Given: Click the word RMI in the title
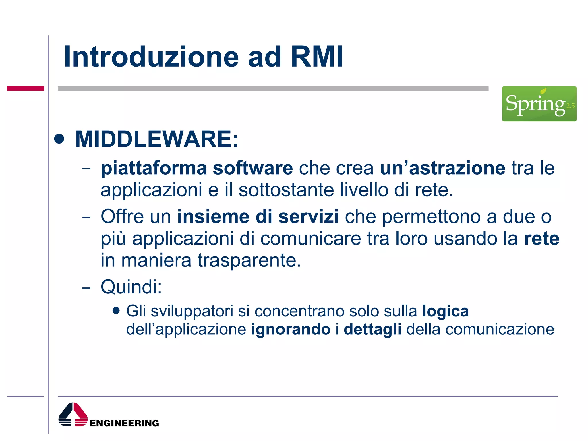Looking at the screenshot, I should click(317, 57).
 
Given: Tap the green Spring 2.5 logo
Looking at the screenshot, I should click(539, 104).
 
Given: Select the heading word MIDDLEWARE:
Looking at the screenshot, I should click(157, 139).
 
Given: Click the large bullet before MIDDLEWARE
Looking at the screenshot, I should click(59, 139).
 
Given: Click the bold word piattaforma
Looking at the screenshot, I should click(154, 168).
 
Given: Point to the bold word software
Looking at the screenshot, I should click(253, 168).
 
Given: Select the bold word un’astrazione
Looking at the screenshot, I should click(442, 168).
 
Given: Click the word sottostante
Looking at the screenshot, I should click(286, 190).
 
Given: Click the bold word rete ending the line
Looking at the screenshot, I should click(541, 239).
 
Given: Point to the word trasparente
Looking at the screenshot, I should click(249, 260).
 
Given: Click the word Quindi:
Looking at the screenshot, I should click(131, 287).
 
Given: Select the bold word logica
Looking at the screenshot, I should click(445, 311).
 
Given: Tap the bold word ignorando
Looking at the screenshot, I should click(291, 329).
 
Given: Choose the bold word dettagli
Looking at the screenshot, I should click(372, 329).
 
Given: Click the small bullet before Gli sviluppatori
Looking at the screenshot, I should click(116, 311).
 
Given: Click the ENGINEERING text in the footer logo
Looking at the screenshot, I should click(124, 423).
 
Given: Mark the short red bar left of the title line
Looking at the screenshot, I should click(25, 88).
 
